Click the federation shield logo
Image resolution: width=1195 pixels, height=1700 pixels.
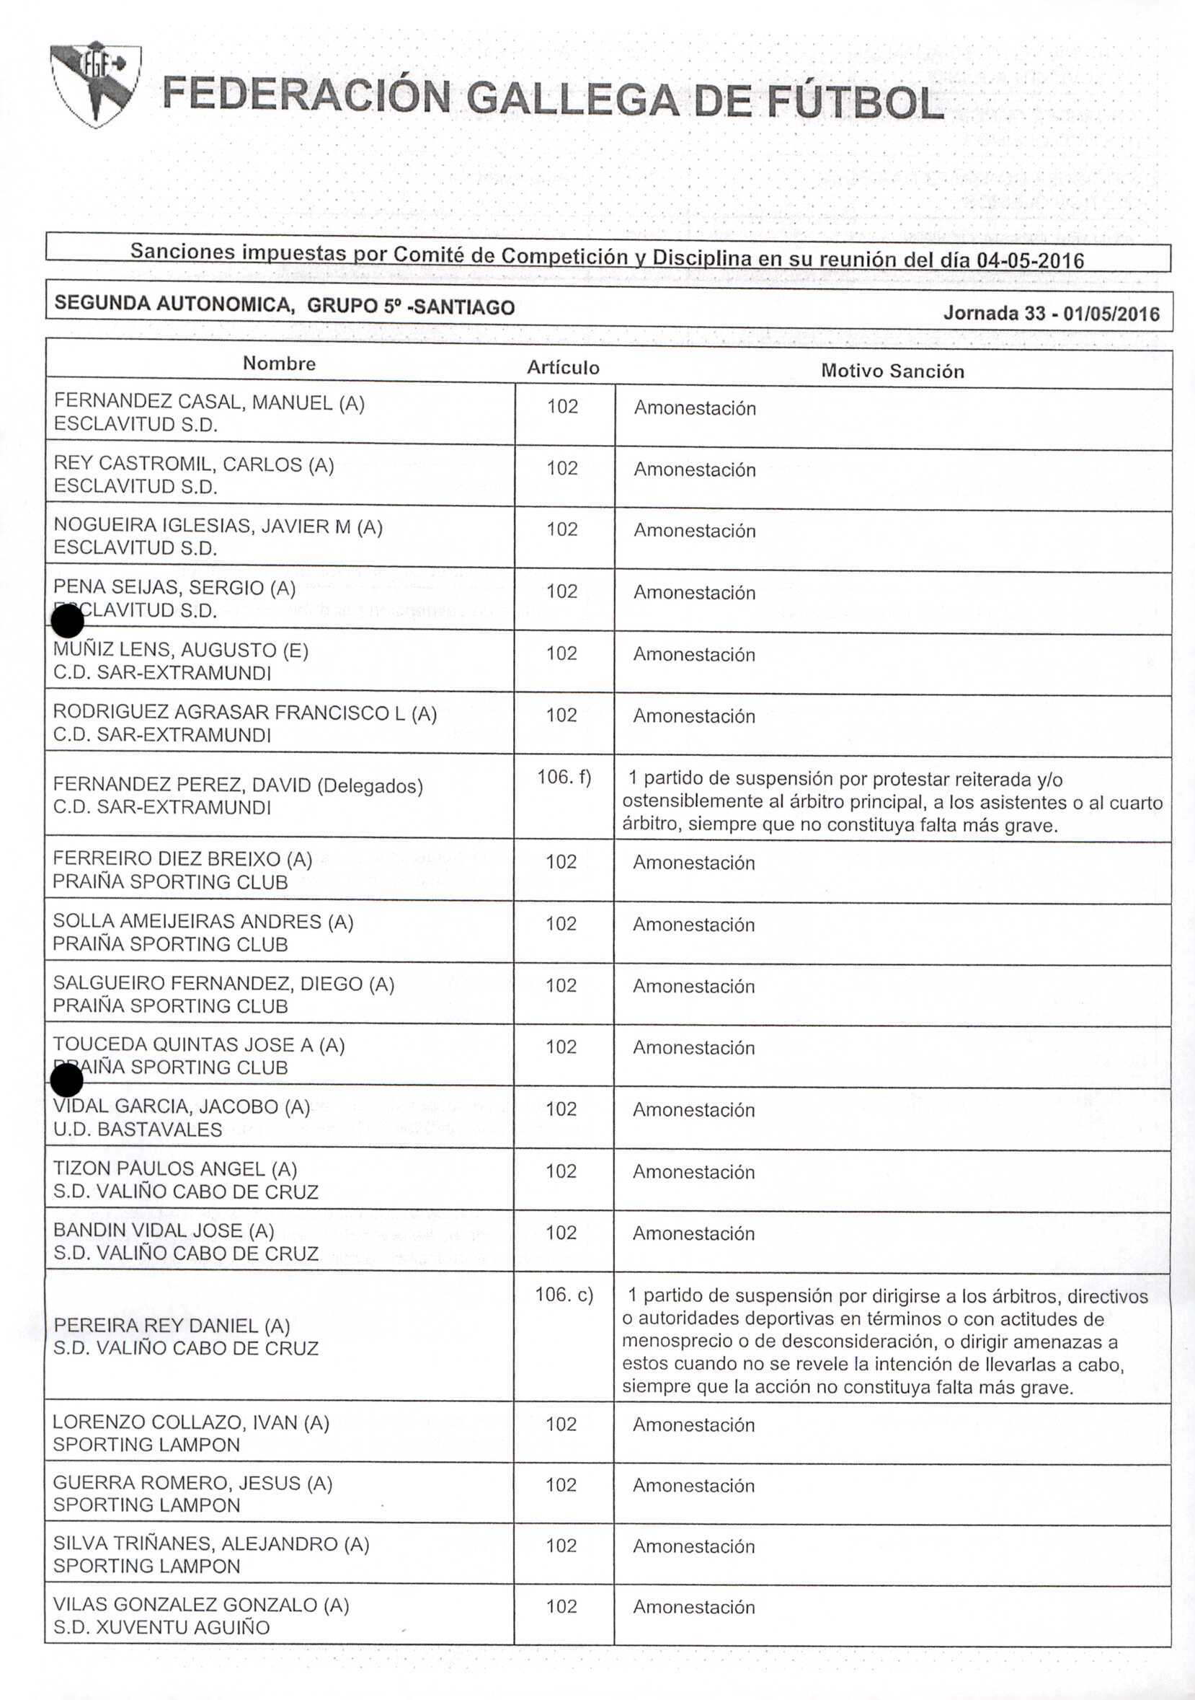(94, 83)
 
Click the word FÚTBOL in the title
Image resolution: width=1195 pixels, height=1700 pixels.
(855, 102)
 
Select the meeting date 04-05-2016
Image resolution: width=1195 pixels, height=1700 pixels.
(1030, 260)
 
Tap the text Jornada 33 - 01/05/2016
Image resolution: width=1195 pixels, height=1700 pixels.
(1051, 313)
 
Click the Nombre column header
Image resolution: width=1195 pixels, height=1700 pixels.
(279, 364)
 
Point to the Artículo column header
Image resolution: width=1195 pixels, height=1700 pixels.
(563, 368)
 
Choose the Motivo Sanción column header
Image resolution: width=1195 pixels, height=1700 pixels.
(892, 371)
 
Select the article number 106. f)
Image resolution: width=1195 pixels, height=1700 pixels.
(564, 777)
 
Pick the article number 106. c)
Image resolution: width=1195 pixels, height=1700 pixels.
(564, 1294)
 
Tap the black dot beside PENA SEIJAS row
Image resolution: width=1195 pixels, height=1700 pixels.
(68, 620)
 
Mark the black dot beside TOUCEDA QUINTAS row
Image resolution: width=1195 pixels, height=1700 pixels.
(67, 1080)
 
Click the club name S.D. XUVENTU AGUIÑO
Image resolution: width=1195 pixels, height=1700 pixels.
(161, 1627)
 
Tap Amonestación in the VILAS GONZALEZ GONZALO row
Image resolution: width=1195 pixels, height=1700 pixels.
(693, 1608)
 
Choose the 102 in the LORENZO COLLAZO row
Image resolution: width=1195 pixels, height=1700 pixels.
(561, 1424)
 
